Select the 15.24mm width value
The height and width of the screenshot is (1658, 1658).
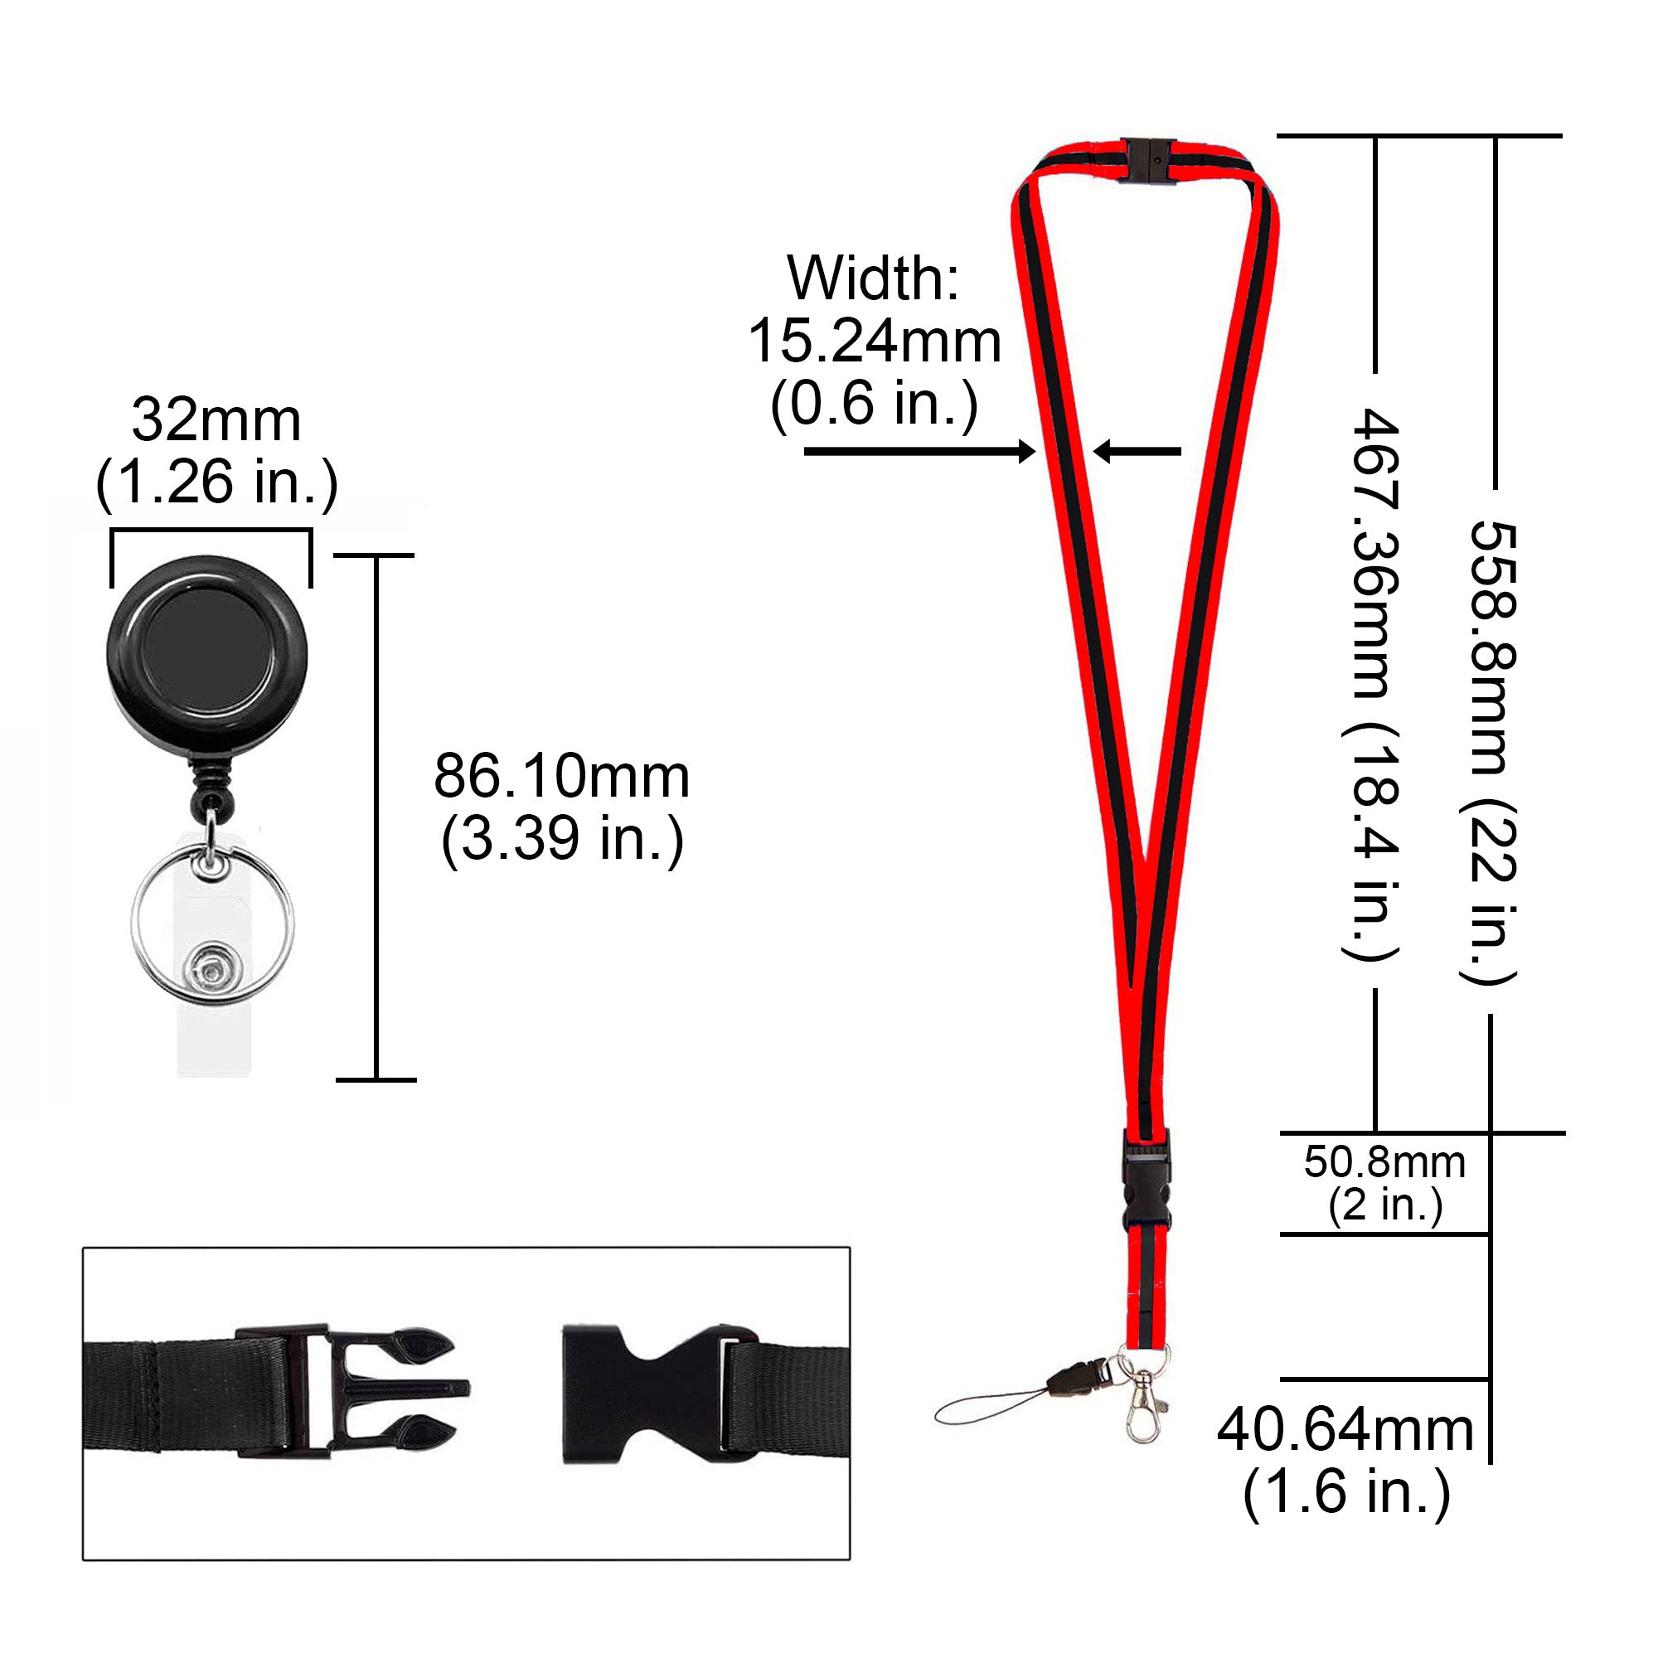tap(875, 342)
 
